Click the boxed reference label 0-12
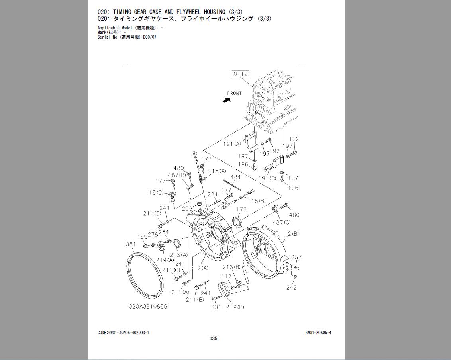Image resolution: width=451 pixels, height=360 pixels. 240,74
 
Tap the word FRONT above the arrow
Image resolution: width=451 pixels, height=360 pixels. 234,93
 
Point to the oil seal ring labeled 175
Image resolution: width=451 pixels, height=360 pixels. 237,222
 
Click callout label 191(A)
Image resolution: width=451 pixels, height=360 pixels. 232,144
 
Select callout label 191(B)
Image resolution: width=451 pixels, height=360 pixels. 267,178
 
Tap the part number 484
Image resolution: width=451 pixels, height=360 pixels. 235,177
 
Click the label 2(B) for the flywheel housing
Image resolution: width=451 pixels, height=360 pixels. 293,234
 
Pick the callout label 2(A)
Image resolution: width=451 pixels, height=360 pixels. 203,268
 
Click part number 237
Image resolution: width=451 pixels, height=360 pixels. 296,257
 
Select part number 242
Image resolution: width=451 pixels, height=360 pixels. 292,288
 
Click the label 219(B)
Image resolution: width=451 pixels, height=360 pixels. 235,307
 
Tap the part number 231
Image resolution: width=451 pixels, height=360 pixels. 216,307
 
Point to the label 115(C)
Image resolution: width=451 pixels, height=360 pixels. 154,193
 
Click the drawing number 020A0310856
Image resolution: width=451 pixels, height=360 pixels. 148,307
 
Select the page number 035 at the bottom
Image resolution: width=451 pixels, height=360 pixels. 213,338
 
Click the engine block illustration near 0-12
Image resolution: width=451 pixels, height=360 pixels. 275,100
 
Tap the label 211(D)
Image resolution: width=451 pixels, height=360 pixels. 152,214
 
